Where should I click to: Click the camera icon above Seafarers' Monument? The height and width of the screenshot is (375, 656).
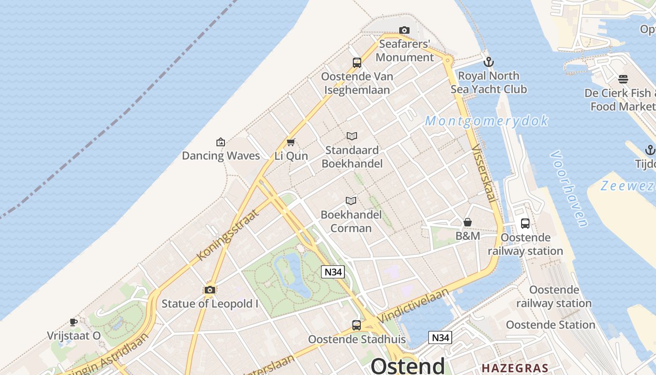(x=404, y=30)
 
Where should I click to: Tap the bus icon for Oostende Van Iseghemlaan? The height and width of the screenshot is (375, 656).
(x=357, y=62)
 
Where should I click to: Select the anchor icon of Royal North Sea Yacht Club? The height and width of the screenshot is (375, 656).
(x=489, y=62)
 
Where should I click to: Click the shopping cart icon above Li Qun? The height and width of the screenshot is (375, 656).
(x=291, y=142)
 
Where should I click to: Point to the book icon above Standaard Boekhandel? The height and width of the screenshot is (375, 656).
(x=352, y=136)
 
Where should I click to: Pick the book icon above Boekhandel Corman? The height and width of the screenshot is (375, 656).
(x=351, y=201)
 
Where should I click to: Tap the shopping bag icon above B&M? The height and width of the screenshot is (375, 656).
(x=468, y=222)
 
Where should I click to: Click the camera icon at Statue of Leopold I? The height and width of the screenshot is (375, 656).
(x=210, y=290)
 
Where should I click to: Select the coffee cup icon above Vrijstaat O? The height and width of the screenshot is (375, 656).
(x=74, y=322)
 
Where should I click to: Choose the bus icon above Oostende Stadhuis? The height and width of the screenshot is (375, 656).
(x=357, y=325)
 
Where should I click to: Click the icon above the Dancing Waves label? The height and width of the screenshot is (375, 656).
(x=221, y=142)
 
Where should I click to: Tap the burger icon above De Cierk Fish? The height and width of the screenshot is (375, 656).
(x=623, y=79)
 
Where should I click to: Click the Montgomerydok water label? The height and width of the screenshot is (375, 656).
(x=486, y=121)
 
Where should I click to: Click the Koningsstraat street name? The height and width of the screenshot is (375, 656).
(x=228, y=235)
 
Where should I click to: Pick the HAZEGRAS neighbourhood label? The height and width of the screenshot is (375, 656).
(x=515, y=367)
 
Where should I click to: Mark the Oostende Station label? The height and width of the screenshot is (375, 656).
(x=551, y=324)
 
